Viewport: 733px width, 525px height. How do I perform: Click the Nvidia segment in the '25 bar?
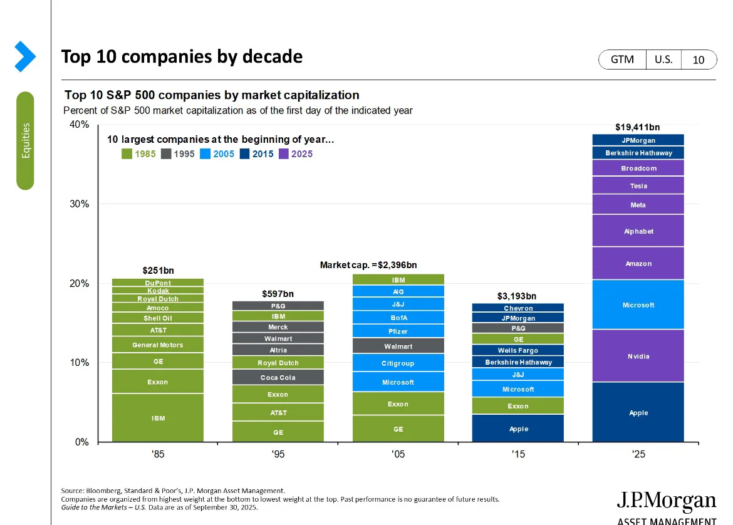click(x=638, y=356)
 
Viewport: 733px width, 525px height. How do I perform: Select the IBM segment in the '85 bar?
click(x=158, y=418)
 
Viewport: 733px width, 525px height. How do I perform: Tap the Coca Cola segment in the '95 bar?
click(x=278, y=377)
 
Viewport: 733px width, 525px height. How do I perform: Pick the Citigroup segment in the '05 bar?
click(x=398, y=363)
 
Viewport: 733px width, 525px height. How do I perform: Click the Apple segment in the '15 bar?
click(x=518, y=429)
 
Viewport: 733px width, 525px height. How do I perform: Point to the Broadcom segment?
click(x=638, y=168)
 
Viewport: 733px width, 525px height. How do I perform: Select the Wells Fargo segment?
click(x=518, y=350)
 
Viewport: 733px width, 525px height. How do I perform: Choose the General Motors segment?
click(x=158, y=345)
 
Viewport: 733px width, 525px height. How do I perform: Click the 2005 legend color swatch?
click(x=205, y=154)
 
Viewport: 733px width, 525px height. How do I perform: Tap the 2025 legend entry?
click(x=296, y=154)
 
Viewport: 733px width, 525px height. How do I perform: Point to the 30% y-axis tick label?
click(x=79, y=204)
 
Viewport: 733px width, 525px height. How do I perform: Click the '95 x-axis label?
click(x=278, y=454)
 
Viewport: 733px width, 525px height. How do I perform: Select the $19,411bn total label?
click(x=638, y=127)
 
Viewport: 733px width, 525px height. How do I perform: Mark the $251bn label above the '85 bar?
click(x=158, y=270)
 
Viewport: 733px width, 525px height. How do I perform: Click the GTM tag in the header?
click(x=622, y=60)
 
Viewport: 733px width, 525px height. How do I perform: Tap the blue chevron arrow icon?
click(x=25, y=56)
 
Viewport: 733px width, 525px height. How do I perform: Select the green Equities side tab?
click(x=25, y=141)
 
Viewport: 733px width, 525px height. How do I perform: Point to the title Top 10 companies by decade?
click(x=182, y=56)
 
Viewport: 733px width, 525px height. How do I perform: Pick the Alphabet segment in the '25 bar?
click(x=638, y=231)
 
